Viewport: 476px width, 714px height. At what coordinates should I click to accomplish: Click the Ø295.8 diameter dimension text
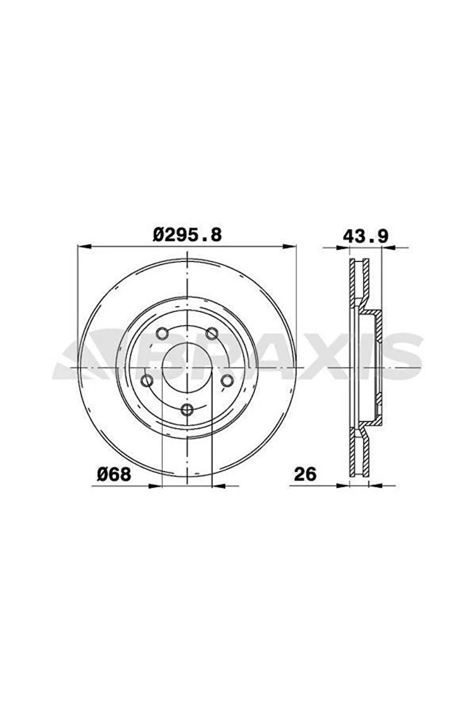click(187, 235)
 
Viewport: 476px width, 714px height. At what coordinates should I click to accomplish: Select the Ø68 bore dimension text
click(114, 474)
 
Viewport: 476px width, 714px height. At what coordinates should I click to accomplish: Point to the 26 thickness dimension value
click(305, 474)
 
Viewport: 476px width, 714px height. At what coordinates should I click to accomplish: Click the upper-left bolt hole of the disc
click(162, 333)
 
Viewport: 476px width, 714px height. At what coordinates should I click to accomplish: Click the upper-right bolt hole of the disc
click(212, 333)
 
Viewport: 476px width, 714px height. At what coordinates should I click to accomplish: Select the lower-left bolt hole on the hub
click(147, 380)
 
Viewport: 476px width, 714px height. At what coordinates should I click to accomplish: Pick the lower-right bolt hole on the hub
click(227, 380)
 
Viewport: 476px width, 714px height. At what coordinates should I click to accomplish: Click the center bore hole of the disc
click(187, 367)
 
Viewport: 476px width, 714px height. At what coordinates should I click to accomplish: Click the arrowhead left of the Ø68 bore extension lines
click(156, 486)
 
